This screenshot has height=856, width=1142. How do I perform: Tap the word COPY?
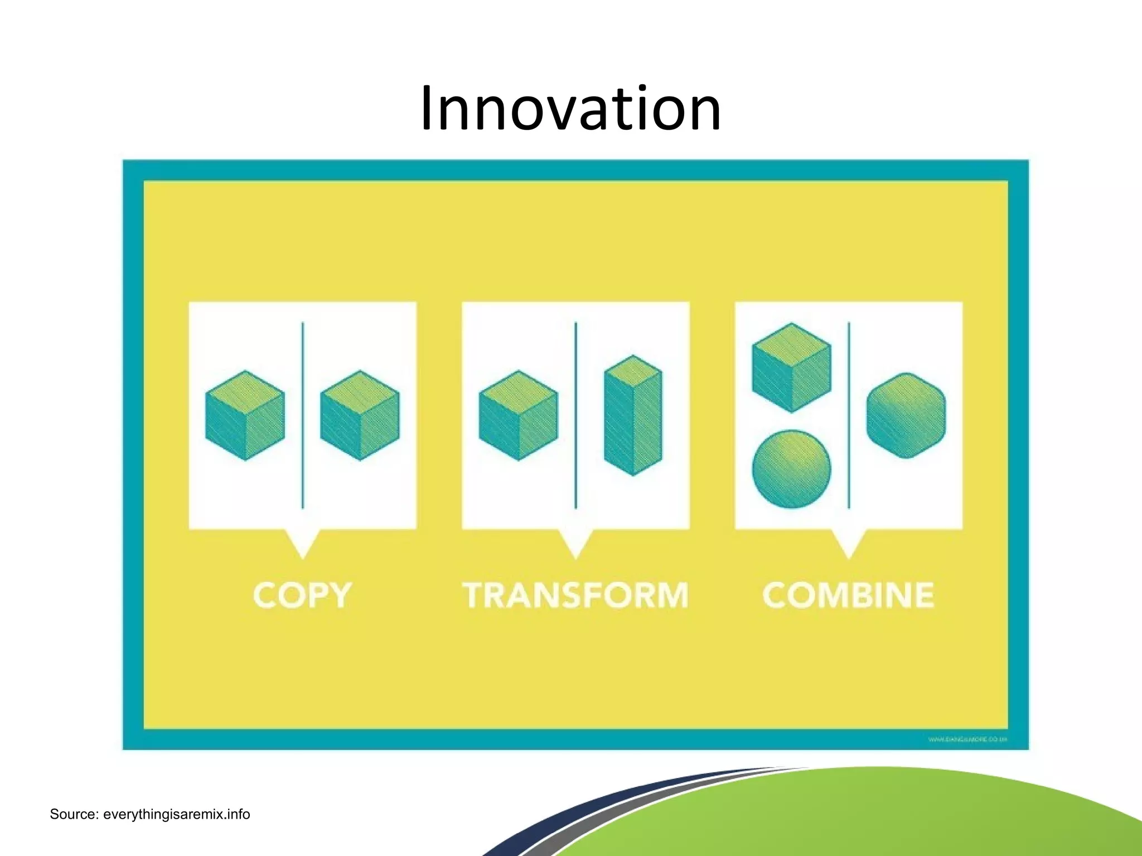tap(302, 595)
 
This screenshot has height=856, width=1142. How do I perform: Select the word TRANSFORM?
tap(575, 595)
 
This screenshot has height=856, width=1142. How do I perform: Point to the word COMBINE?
tap(848, 595)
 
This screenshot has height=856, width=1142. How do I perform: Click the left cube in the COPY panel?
tap(245, 415)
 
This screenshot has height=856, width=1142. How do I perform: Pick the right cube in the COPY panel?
tap(360, 415)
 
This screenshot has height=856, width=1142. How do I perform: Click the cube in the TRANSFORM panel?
tap(519, 415)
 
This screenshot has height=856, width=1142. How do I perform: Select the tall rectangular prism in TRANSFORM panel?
tap(633, 415)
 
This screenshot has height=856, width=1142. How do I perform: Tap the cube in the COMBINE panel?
tap(791, 368)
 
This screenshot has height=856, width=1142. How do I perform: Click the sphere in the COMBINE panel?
tap(791, 469)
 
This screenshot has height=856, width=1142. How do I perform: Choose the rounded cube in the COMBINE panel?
tap(906, 415)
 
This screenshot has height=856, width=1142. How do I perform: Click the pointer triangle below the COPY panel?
tap(303, 542)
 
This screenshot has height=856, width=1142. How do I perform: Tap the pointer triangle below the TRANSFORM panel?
tap(575, 542)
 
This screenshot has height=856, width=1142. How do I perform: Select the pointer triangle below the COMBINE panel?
tap(849, 542)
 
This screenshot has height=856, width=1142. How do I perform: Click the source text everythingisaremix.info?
tap(150, 814)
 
